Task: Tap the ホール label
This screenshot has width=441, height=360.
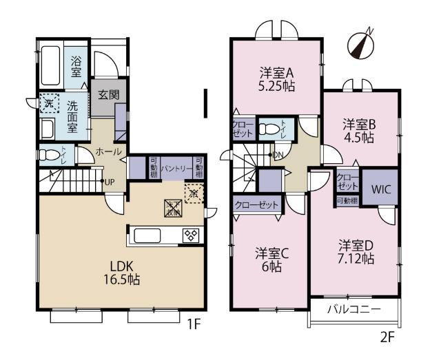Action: pos(108,151)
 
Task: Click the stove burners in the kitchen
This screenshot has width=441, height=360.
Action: pos(190,235)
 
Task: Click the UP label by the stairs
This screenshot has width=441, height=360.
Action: pos(109,182)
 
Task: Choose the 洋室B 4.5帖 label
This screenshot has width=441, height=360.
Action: pos(360,130)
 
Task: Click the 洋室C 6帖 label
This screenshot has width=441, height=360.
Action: pos(271,259)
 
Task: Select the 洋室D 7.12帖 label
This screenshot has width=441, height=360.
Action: pos(356,252)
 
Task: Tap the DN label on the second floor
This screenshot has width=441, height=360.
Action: pos(278,154)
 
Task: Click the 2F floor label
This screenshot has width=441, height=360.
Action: pos(389,337)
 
